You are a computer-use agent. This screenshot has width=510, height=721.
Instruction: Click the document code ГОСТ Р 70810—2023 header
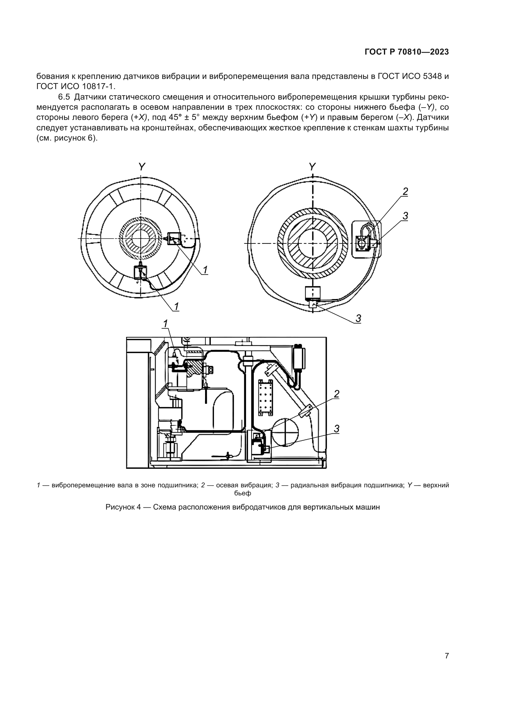(x=407, y=52)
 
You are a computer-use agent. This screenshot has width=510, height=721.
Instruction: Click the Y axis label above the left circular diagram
(x=142, y=167)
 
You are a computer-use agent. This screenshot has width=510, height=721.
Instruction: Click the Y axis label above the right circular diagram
(x=312, y=167)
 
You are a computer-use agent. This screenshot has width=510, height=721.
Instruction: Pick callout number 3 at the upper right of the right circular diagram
(x=405, y=216)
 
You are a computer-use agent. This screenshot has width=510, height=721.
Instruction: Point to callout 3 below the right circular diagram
(x=358, y=318)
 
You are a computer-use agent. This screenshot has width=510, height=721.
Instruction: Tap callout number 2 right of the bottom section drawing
(x=337, y=394)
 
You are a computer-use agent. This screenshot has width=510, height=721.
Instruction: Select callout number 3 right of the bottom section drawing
(x=337, y=429)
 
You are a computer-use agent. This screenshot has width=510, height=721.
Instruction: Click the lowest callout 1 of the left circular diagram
(x=176, y=306)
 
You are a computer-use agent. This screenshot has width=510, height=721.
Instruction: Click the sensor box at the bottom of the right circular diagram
(x=313, y=293)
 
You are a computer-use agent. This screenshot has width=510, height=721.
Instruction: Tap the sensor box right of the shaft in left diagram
(x=174, y=239)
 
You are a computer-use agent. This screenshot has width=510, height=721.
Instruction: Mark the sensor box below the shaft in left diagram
(x=140, y=272)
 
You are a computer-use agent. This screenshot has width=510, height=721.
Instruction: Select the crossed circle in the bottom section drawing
(x=285, y=432)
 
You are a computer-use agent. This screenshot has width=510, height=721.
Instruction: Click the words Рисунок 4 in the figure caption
(x=123, y=507)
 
